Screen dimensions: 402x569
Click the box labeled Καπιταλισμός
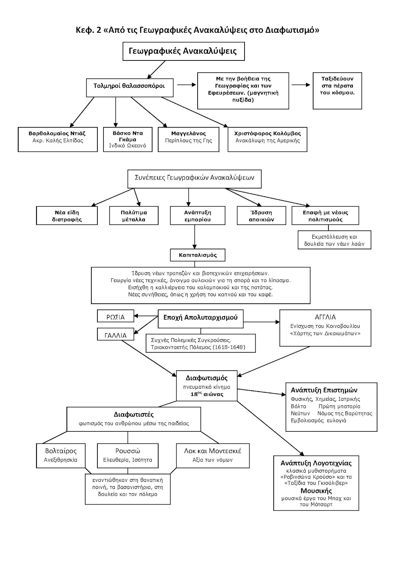click(198, 255)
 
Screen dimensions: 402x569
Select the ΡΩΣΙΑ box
click(116, 316)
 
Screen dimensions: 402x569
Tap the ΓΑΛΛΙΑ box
click(116, 334)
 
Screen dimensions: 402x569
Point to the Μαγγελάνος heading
click(188, 133)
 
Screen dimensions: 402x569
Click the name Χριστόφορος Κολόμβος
click(267, 133)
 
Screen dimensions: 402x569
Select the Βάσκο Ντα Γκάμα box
click(128, 139)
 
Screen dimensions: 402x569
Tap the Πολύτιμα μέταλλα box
click(134, 216)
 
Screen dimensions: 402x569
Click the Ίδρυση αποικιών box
click(261, 216)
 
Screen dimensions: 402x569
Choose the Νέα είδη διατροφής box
click(67, 216)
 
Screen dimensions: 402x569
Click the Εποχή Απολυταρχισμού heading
click(200, 318)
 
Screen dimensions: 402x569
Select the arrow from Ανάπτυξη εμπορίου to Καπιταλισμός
click(194, 237)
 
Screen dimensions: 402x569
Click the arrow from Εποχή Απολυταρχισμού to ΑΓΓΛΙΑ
click(262, 322)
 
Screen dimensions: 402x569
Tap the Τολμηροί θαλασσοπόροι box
click(130, 87)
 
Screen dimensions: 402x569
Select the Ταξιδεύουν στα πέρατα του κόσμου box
click(337, 91)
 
